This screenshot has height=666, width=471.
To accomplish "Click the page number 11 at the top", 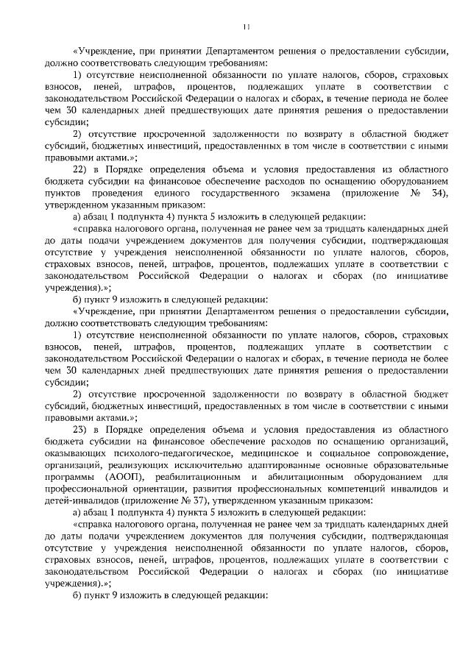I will point(246,27).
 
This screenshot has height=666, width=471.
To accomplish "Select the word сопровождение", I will point(413,453).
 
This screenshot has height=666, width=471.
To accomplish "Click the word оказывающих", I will point(76,453).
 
